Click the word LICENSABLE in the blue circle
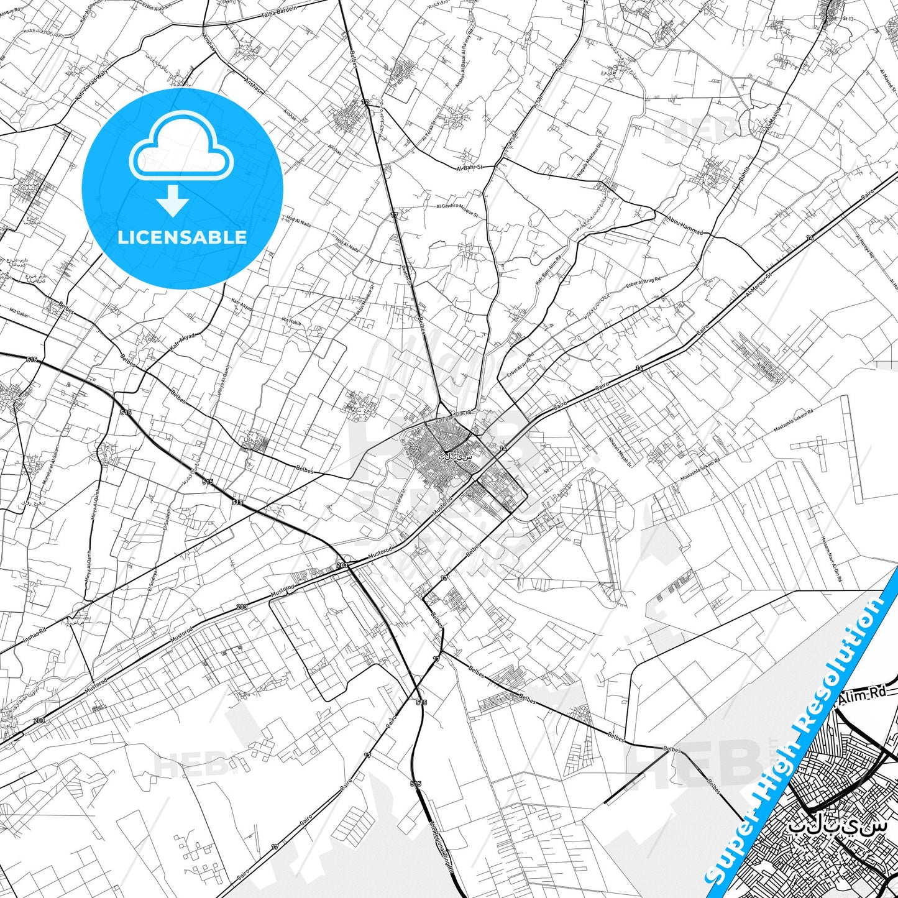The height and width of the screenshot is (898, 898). [x=182, y=237]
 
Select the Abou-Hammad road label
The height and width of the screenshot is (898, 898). [x=685, y=226]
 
